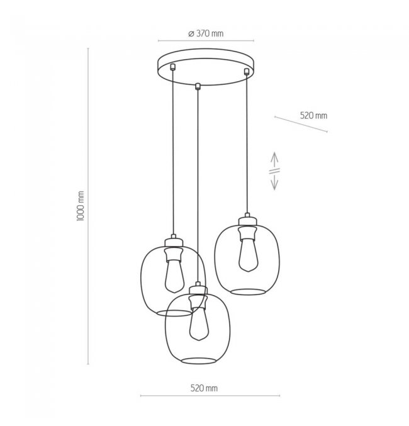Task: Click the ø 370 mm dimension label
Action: (206, 34)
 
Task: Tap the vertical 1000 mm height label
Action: (81, 206)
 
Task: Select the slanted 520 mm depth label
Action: (313, 115)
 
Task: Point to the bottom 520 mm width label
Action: (204, 388)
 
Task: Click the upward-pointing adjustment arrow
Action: (274, 160)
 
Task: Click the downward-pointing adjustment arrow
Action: (274, 182)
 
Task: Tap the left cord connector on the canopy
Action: (172, 67)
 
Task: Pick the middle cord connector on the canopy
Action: (198, 86)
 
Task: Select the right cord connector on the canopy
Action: (247, 72)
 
